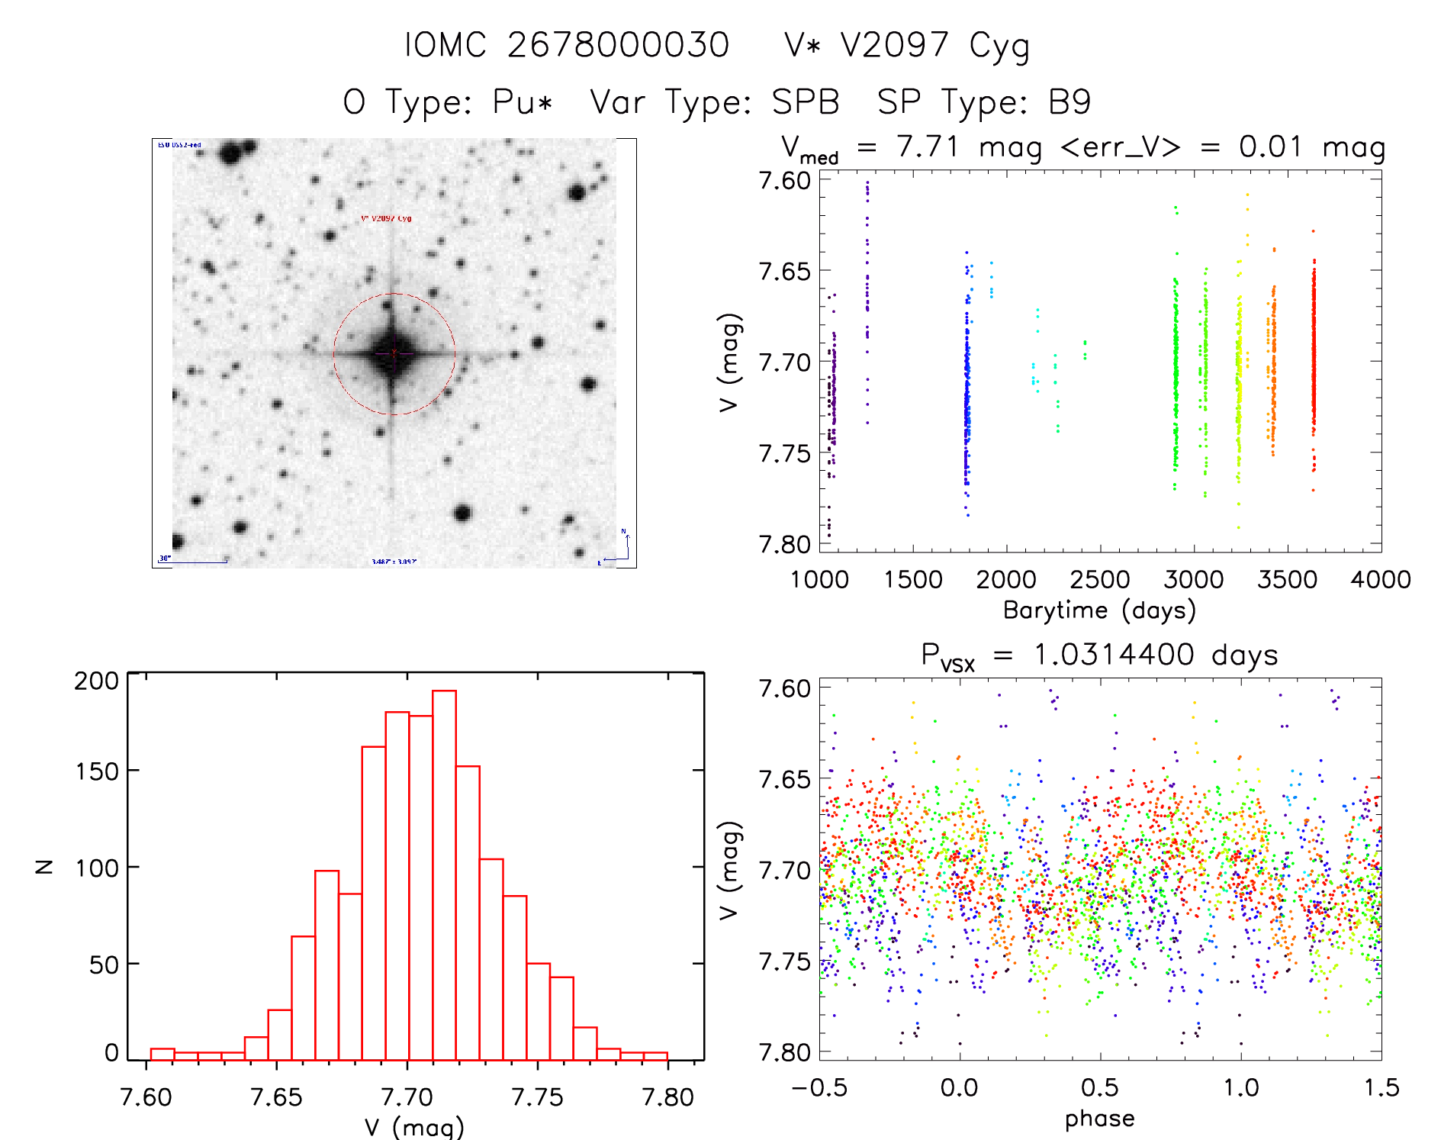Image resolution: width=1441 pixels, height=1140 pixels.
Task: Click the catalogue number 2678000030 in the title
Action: pos(618,45)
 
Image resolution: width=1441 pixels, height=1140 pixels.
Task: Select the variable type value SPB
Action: pos(806,102)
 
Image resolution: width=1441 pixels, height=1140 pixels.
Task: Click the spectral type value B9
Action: pos(1069,102)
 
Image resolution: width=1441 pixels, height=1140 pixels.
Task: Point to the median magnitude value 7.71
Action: pos(928,147)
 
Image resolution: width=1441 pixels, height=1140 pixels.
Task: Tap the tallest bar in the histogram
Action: pos(444,874)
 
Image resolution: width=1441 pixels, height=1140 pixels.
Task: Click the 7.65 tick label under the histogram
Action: pos(276,1097)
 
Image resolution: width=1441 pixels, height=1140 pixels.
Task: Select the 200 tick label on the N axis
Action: pos(96,681)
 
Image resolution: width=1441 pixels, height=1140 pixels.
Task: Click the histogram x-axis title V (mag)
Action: pos(414,1127)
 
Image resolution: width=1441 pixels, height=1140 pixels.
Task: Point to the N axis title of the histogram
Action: pos(45,866)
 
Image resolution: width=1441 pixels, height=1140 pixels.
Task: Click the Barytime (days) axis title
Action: pos(1099,610)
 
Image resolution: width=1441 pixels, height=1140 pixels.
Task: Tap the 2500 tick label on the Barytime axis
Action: pos(1099,580)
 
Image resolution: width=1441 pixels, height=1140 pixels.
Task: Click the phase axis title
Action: pos(1099,1119)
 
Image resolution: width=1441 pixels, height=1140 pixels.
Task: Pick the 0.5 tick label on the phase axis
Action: pos(1099,1087)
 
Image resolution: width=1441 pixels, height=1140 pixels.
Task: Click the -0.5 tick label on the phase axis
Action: pos(819,1087)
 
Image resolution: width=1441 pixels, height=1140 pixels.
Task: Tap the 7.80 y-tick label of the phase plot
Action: pos(784,1052)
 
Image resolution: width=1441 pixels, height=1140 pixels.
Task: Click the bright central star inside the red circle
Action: pos(393,353)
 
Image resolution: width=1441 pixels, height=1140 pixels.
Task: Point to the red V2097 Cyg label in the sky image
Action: pos(386,219)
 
